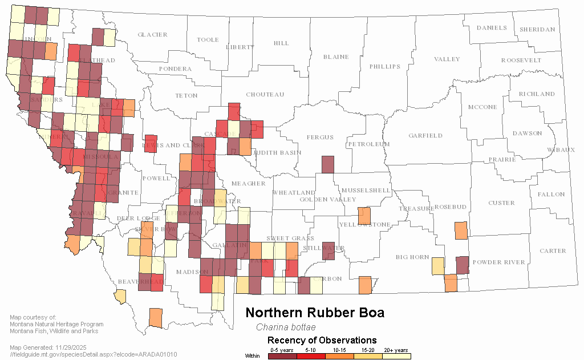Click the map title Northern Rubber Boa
[314, 313]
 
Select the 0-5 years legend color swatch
[282, 356]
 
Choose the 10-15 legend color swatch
[339, 356]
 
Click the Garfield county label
[425, 136]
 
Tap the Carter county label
[553, 250]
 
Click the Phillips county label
[385, 67]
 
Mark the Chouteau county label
[265, 94]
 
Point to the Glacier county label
[152, 35]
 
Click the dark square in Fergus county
[327, 164]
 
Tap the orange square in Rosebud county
[461, 230]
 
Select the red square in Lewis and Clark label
[151, 144]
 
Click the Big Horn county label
[412, 257]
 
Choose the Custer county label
[501, 203]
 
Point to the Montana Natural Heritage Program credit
[56, 325]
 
